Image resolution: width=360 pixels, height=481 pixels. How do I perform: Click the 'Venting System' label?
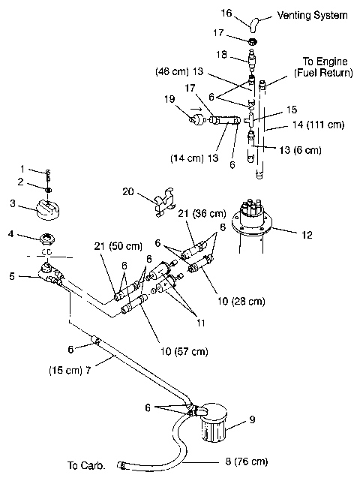(x=312, y=15)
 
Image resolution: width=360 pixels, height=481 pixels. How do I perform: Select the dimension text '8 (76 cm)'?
(x=241, y=461)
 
